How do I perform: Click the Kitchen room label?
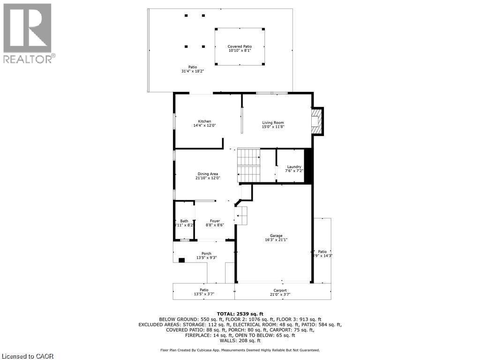[204, 121]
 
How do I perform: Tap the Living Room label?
[273, 123]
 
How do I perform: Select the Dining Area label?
[207, 174]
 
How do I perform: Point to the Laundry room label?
[294, 167]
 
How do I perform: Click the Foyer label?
[215, 221]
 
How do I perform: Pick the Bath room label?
[184, 221]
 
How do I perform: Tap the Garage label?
[276, 236]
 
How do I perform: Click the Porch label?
[206, 254]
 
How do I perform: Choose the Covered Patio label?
[240, 46]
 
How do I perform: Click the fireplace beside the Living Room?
[317, 121]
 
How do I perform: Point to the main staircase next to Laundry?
[248, 165]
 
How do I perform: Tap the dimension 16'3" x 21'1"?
[276, 240]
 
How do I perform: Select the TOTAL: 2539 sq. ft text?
[240, 314]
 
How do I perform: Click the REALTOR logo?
[28, 33]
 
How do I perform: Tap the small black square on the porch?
[181, 260]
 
